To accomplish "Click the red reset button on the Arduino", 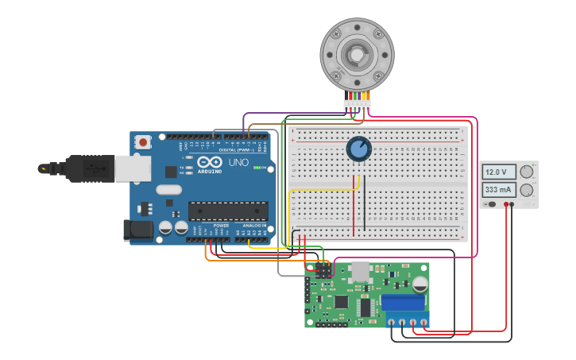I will (143, 142).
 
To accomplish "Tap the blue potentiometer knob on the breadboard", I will (358, 149).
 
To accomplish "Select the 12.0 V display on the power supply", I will (498, 172).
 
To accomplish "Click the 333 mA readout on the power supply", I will (498, 190).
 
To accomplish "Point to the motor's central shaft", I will (357, 54).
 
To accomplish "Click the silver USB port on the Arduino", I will (133, 168).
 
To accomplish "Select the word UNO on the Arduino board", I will (238, 162).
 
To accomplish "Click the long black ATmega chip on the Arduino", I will (228, 211).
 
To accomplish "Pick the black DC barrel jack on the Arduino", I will (138, 230).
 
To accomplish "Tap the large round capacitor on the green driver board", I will (420, 284).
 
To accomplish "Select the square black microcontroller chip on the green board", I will (342, 302).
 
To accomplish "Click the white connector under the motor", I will (357, 104).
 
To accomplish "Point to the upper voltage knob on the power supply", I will (526, 172).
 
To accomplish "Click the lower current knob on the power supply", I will (526, 190).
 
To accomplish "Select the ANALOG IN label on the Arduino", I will (253, 226).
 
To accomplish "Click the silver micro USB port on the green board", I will (361, 271).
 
